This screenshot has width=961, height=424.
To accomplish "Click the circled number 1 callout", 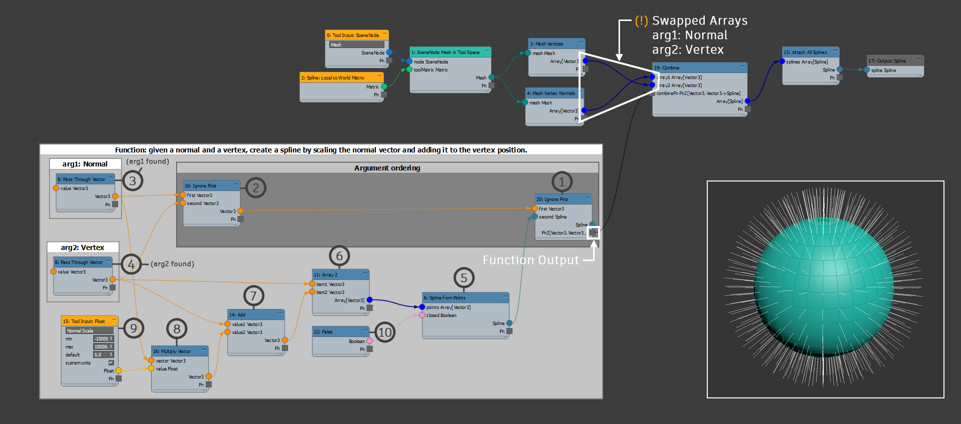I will [562, 182].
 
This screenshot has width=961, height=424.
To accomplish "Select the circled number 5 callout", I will [464, 278].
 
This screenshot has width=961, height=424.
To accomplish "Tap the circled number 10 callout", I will [384, 332].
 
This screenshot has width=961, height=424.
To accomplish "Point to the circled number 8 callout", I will [177, 329].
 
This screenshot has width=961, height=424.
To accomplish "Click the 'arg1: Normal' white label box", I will [85, 164].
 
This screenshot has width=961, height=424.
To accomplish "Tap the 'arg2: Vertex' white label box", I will [83, 247].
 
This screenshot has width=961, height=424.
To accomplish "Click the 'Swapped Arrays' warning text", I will [699, 21].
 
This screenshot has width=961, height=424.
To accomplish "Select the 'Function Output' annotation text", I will [531, 260].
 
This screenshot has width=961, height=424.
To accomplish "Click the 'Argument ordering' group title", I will [387, 168].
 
